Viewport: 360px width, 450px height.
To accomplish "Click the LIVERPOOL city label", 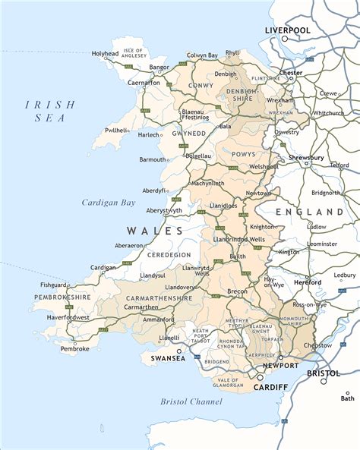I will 287,30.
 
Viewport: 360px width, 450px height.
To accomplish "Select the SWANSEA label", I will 168,357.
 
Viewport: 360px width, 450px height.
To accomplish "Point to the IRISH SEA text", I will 49,111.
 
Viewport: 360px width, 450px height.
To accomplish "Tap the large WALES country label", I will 155,231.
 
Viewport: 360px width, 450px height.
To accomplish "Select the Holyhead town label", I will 106,55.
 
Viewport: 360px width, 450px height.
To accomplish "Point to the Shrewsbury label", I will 306,158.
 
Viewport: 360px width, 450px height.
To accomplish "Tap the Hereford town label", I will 308,282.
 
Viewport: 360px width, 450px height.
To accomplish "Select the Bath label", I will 347,398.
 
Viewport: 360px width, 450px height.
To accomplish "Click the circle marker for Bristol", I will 323,382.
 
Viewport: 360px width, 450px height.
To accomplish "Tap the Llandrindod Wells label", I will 239,240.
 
